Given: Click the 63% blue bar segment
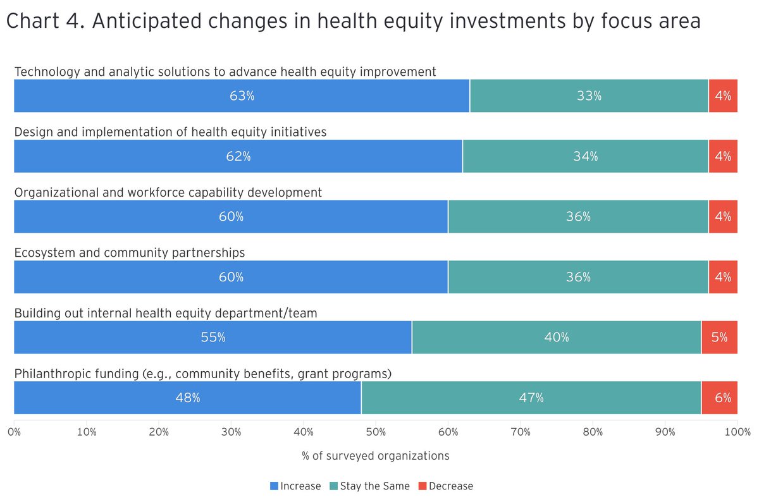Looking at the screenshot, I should click(x=242, y=96).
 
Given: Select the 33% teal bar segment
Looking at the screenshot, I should click(x=589, y=96).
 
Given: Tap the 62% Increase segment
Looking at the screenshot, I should click(x=238, y=156).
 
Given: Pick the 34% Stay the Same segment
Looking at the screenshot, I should click(x=585, y=156).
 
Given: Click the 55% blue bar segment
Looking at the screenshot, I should click(x=213, y=338).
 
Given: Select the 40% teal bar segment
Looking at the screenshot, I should click(x=556, y=338).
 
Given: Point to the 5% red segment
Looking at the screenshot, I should click(x=719, y=338).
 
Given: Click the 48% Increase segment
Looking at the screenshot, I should click(x=187, y=398).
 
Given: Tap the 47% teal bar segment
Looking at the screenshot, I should click(x=531, y=398).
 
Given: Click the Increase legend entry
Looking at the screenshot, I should click(x=295, y=486).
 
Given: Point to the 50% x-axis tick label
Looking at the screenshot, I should click(x=376, y=433).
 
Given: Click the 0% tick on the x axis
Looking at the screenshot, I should click(x=14, y=433).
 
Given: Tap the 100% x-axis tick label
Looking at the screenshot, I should click(x=737, y=433).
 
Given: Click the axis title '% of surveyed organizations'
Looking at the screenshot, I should click(x=376, y=456).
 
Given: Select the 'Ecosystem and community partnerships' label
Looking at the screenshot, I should click(x=129, y=253).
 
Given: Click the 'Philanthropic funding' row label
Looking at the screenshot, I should click(x=202, y=374).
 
